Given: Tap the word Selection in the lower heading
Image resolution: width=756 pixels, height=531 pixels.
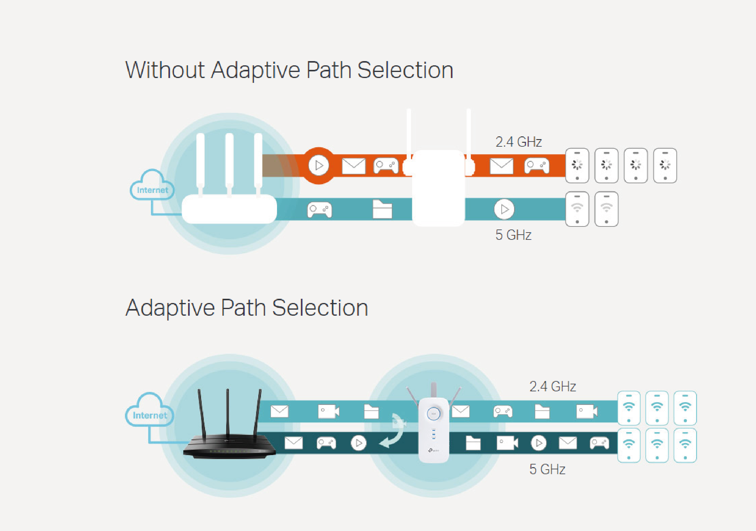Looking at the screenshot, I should (x=320, y=308).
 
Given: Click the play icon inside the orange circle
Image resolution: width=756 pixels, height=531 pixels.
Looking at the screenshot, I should (x=319, y=165).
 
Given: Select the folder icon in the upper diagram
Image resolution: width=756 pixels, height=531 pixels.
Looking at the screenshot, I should (x=382, y=209).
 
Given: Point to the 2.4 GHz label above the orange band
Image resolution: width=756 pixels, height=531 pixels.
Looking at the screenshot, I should (x=519, y=142).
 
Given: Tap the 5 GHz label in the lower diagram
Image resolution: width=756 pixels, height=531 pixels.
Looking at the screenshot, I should (x=547, y=469).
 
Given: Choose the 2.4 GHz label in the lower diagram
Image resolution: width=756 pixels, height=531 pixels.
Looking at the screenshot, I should (x=552, y=386).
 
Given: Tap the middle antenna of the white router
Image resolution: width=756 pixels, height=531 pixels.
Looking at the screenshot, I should (x=230, y=163).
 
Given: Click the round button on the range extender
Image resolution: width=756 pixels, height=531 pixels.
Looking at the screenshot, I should (x=433, y=413).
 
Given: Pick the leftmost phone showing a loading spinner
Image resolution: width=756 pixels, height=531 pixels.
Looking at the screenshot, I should (x=577, y=165).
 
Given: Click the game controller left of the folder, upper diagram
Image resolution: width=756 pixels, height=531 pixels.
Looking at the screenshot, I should (x=319, y=210).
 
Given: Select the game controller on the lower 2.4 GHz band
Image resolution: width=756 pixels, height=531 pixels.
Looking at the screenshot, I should (x=503, y=411).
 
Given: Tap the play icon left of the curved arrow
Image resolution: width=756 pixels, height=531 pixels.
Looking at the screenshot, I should (x=359, y=443).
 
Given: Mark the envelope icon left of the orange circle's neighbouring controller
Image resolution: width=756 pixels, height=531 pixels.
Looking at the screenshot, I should (x=354, y=166).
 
